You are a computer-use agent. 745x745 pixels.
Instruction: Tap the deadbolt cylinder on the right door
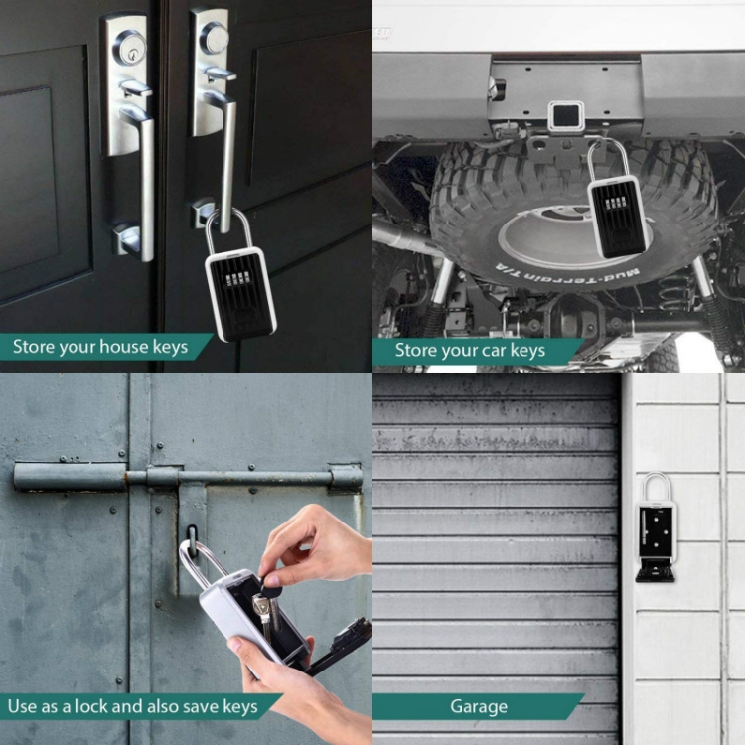214,38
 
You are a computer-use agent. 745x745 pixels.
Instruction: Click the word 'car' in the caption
494,351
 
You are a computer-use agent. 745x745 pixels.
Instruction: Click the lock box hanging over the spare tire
617,213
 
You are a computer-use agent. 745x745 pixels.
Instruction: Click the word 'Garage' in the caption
478,707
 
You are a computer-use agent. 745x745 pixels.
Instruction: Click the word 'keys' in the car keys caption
527,351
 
